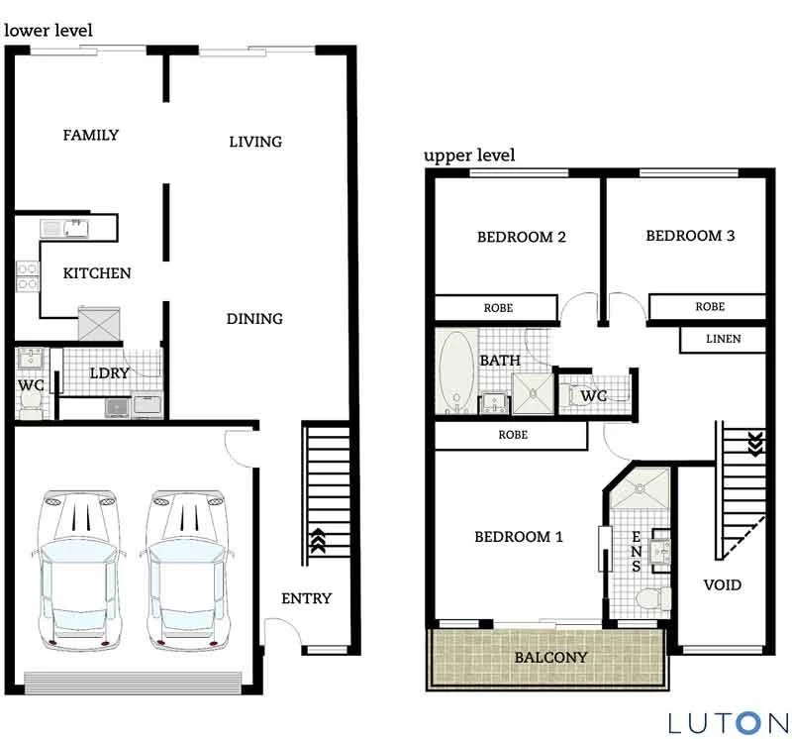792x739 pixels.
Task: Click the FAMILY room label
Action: point(90,135)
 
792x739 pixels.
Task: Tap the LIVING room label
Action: point(255,142)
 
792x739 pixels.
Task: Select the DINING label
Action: point(254,319)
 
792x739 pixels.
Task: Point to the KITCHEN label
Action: point(97,272)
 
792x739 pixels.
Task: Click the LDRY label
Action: point(110,373)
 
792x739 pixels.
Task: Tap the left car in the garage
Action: point(76,570)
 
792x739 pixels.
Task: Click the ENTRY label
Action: point(307,598)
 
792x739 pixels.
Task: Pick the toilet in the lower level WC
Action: point(30,397)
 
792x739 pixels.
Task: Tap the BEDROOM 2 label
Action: point(521,237)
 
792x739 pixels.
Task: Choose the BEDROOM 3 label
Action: point(690,236)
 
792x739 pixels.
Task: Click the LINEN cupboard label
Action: point(723,339)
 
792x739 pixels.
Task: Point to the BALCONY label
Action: point(550,657)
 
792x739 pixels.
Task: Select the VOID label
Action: point(722,584)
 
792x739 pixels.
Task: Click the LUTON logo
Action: point(728,722)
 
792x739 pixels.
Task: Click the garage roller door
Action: point(132,683)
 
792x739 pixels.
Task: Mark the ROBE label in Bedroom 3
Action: point(709,307)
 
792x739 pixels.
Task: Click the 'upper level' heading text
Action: point(469,156)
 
